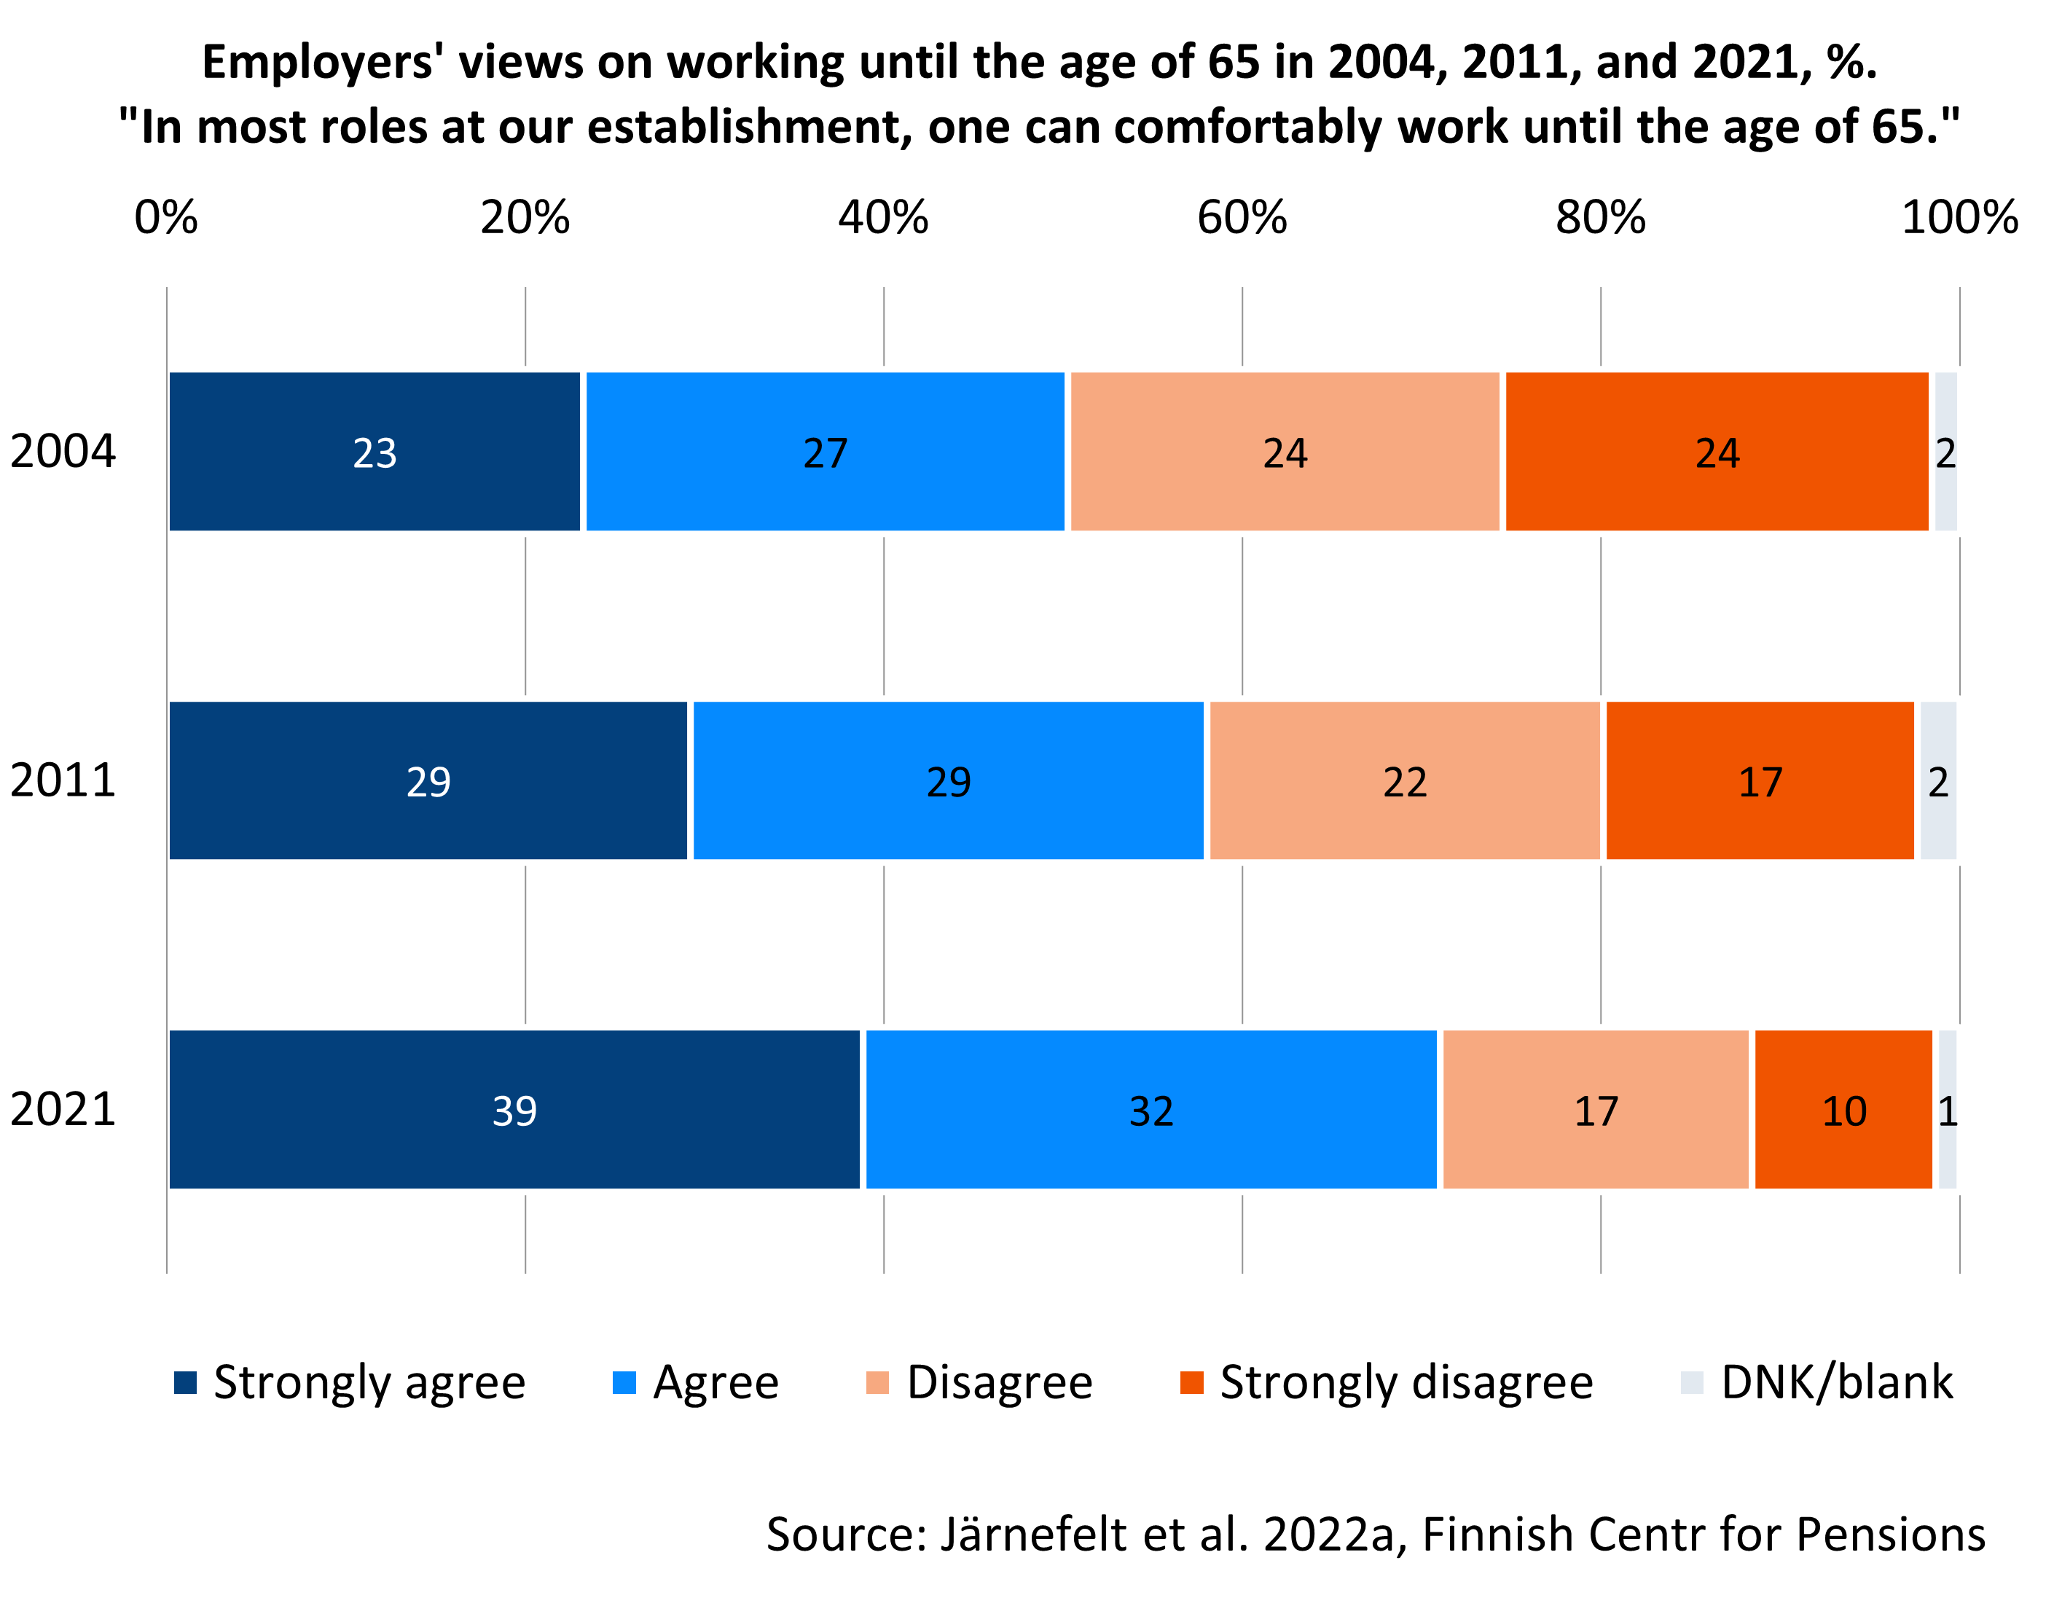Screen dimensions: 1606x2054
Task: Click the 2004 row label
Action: pos(63,451)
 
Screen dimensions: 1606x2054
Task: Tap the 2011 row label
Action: pos(63,780)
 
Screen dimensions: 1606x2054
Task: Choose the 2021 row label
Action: pos(63,1110)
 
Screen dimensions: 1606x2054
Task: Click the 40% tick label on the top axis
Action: pos(883,218)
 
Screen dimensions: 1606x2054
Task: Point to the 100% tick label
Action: pos(1960,218)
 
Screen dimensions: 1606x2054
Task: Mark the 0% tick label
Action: pos(166,218)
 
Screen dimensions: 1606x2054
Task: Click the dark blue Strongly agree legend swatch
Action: pos(185,1383)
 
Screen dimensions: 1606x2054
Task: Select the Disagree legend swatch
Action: pos(877,1383)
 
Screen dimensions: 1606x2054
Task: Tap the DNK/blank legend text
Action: pos(1837,1383)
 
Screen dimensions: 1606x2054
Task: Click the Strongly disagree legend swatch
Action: pos(1191,1383)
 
